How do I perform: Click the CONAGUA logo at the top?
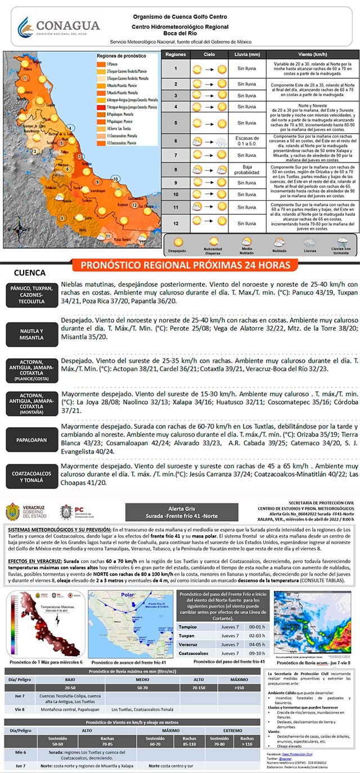point(58,26)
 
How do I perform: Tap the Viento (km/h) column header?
point(312,55)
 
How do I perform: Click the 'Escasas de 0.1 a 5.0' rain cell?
point(247,142)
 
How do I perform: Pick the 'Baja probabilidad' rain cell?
point(247,169)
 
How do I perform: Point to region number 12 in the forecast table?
point(175,224)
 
